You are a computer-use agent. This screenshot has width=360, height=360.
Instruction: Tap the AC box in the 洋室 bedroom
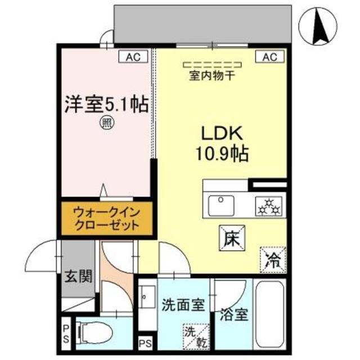pos(132,56)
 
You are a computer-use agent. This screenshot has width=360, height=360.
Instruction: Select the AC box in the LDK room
pos(269,56)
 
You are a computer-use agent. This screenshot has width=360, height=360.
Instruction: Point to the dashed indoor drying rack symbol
pos(204,65)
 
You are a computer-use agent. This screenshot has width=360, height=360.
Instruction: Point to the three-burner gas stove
pos(268,206)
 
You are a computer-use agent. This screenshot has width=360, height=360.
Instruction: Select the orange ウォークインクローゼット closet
pos(105,219)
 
